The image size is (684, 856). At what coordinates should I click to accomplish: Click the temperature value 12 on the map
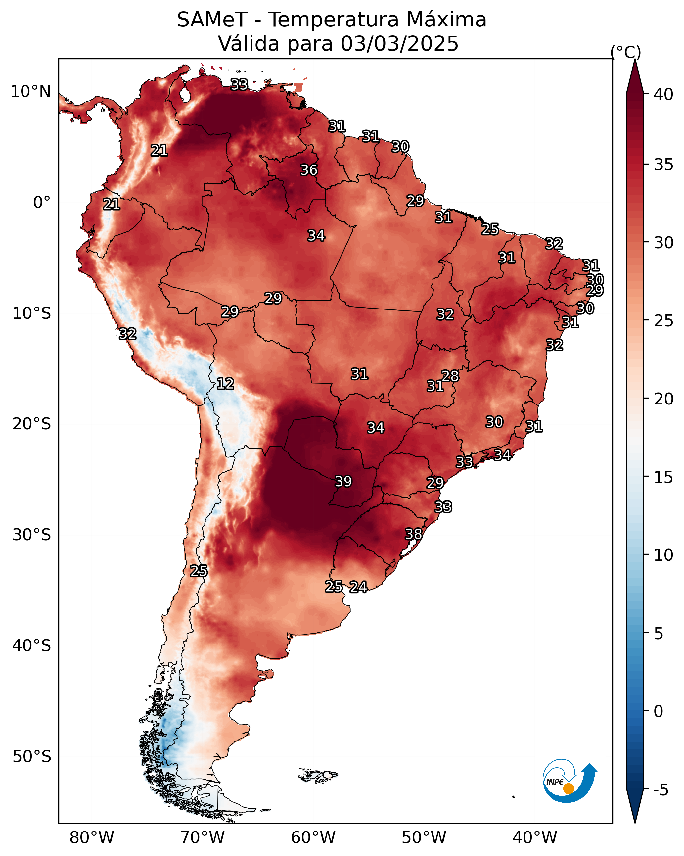click(225, 384)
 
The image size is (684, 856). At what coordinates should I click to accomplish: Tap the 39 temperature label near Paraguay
click(343, 481)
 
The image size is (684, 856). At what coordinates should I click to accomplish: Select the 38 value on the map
click(413, 534)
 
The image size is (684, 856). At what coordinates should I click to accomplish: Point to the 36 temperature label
click(309, 170)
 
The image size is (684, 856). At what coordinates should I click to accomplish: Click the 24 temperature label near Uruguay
click(358, 587)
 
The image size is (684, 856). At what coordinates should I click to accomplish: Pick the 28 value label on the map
click(450, 376)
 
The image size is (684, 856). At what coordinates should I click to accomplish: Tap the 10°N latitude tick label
click(30, 92)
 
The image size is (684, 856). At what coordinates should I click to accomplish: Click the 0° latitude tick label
click(42, 203)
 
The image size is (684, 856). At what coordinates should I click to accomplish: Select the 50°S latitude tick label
click(32, 757)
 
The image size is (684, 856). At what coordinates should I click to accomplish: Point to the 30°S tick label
click(32, 535)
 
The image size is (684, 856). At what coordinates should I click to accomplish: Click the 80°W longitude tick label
click(92, 837)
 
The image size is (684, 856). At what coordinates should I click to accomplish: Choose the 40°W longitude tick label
click(535, 837)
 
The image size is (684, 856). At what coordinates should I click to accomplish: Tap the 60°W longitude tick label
click(313, 837)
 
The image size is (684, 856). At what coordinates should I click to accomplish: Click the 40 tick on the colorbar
click(663, 94)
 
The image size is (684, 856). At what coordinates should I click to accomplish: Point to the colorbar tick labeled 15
click(663, 477)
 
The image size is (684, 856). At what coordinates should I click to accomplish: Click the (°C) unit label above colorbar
click(626, 52)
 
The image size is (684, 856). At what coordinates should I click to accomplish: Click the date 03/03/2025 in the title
click(399, 43)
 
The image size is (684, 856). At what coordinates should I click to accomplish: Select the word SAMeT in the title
click(212, 20)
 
